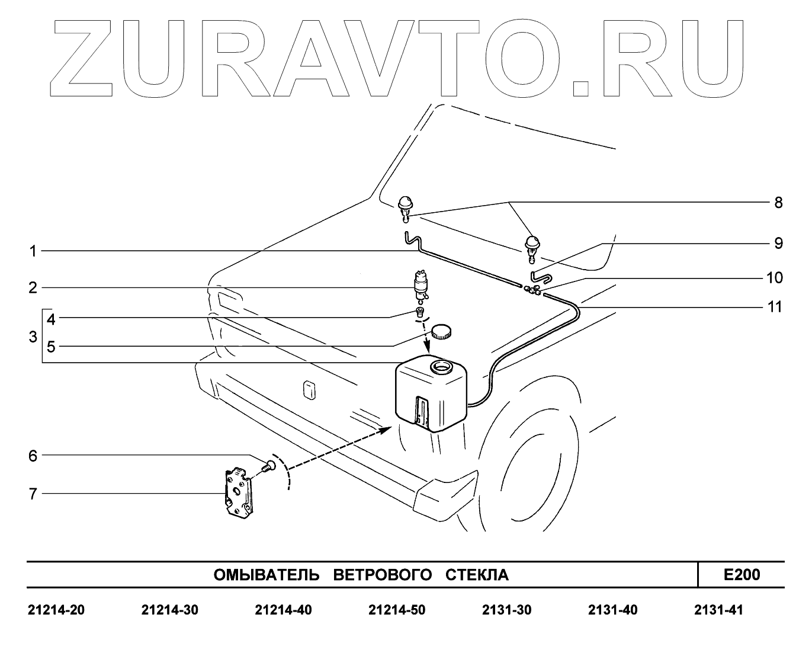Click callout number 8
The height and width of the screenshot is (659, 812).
(778, 203)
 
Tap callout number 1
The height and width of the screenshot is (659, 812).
(34, 251)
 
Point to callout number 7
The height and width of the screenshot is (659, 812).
(33, 493)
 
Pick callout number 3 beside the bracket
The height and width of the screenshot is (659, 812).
(33, 337)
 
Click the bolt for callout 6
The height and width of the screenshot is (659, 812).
(268, 466)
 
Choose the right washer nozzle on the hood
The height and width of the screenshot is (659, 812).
(531, 247)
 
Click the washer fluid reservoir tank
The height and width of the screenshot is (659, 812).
(430, 394)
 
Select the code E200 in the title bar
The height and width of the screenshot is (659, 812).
(742, 574)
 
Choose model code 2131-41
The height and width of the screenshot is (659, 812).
(718, 610)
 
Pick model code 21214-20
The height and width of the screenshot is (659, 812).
(56, 610)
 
